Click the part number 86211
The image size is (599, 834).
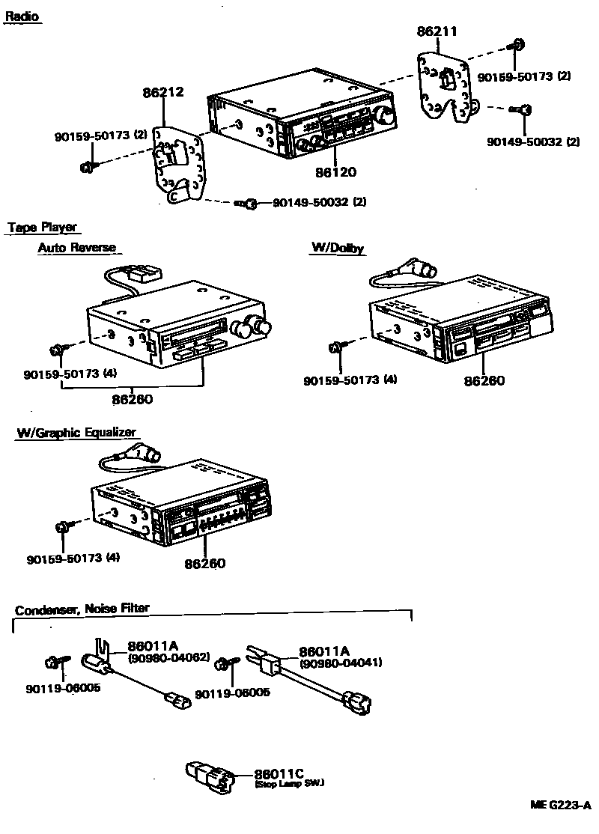point(437,31)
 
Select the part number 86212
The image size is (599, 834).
point(163,93)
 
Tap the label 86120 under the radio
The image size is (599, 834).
point(335,172)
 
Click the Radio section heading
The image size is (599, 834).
point(22,16)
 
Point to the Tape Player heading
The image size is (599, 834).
point(42,228)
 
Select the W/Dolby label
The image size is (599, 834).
point(338,249)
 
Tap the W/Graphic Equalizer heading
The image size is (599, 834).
point(76,433)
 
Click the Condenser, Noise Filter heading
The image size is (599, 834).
point(82,609)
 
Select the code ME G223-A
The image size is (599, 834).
point(561,806)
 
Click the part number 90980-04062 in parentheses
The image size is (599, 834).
point(168,657)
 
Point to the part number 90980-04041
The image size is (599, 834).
point(341,663)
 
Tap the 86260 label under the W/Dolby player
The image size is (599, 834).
point(484,381)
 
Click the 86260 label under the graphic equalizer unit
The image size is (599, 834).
point(205,564)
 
